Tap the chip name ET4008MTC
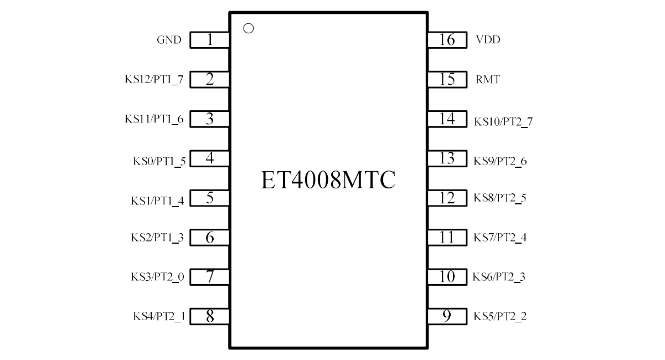tap(328, 180)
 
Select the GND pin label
tap(169, 40)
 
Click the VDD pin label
tap(488, 39)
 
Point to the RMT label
tap(488, 79)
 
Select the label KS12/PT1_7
tap(154, 80)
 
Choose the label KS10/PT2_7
tap(503, 122)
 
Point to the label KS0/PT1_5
tap(159, 161)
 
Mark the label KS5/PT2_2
tap(500, 316)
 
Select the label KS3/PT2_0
tap(157, 277)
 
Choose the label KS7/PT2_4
tap(500, 238)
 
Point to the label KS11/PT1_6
tap(154, 119)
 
